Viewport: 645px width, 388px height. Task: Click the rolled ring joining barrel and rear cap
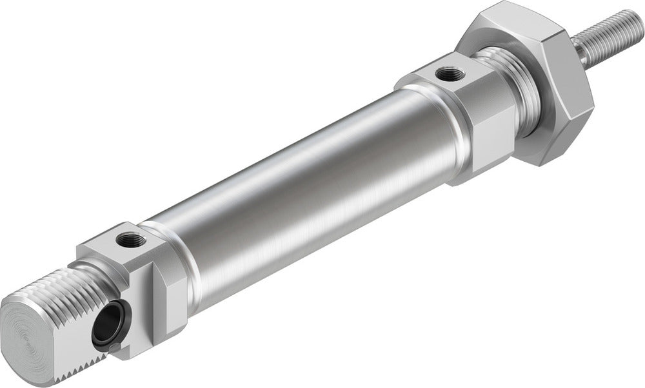click(x=177, y=258)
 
